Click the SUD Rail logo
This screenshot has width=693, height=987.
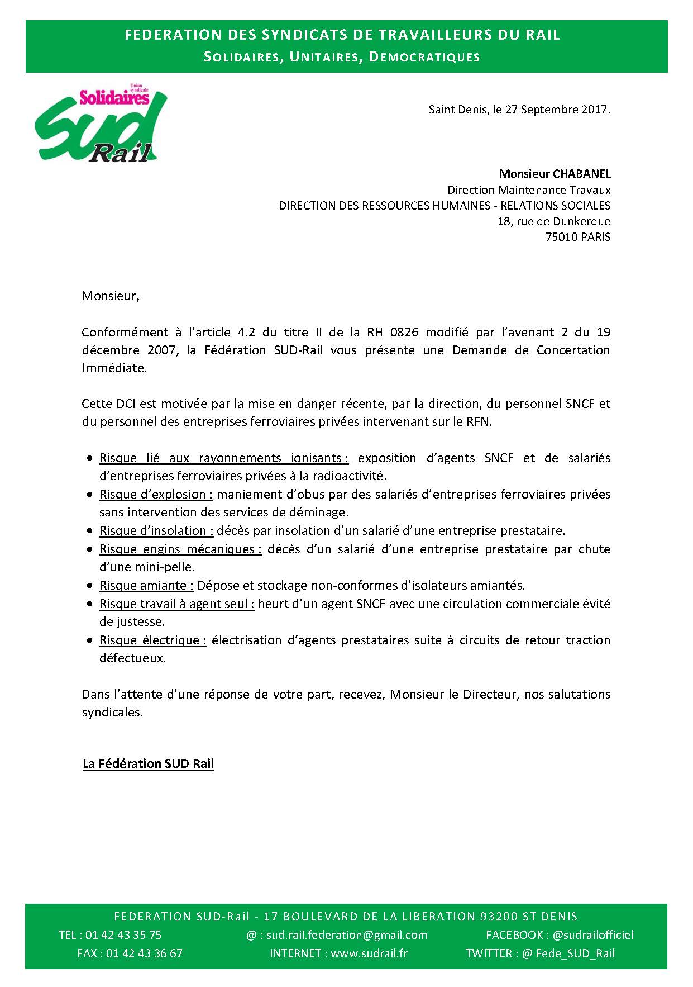(101, 126)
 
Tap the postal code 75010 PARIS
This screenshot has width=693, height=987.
(577, 237)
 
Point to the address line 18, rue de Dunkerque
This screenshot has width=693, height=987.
(553, 221)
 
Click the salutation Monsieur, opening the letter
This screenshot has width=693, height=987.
(110, 296)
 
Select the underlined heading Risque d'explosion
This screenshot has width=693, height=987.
(156, 495)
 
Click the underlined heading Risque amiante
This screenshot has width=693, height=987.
(146, 586)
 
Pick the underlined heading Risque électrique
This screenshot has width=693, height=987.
(152, 640)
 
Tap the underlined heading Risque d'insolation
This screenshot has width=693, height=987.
(156, 531)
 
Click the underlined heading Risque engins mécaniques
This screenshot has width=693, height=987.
(180, 549)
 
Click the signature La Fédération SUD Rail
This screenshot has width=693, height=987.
(148, 764)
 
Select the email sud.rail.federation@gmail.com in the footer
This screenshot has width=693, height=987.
(346, 935)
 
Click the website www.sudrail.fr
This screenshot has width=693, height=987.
(369, 953)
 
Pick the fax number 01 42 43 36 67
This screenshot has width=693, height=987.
(144, 953)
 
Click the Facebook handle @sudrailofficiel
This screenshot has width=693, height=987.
(592, 935)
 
